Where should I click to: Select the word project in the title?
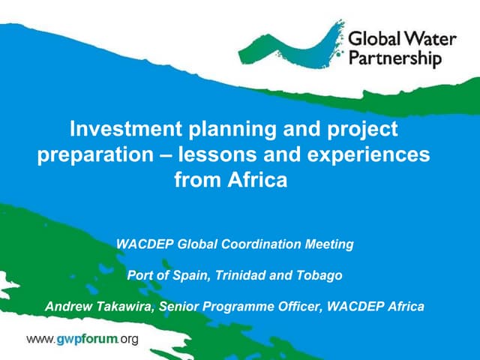[x=361, y=129]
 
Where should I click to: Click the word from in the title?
[x=197, y=180]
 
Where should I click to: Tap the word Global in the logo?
[x=372, y=39]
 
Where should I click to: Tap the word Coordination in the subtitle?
[x=263, y=244]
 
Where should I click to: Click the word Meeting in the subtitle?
[x=329, y=244]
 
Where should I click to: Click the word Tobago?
[x=320, y=275]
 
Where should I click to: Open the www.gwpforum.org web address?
[x=82, y=340]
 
